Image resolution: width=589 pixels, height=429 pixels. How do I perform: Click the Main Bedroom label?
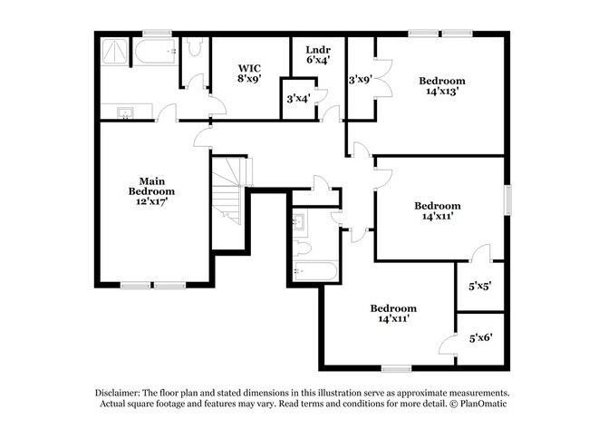click(x=151, y=186)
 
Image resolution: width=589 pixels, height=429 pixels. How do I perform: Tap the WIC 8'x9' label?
click(x=249, y=73)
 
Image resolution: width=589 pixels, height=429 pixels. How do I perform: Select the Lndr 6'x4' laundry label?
click(x=318, y=54)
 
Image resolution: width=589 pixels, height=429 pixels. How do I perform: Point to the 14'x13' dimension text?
click(x=442, y=91)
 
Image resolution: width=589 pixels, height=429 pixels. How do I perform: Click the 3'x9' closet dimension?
click(x=361, y=80)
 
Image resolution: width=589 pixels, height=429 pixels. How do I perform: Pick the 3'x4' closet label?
click(x=298, y=99)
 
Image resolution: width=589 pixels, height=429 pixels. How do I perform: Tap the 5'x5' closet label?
click(x=480, y=287)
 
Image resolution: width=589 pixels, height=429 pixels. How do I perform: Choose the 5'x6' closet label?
click(x=481, y=338)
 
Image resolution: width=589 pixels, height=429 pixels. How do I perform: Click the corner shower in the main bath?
click(x=114, y=53)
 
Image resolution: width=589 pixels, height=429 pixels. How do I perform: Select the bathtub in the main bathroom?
click(x=156, y=52)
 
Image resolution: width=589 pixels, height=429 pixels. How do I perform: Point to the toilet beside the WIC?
click(x=195, y=47)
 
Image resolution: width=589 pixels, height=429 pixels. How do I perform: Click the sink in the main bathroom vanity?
click(x=125, y=112)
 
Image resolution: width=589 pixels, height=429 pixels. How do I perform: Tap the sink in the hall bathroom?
click(x=300, y=223)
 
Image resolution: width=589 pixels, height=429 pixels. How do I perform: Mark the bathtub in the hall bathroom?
click(x=315, y=271)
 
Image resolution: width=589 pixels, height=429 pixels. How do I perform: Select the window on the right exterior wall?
click(x=507, y=200)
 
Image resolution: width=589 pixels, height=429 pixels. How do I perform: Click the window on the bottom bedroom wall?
click(x=397, y=369)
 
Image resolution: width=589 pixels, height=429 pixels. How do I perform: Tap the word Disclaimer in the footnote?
click(x=118, y=394)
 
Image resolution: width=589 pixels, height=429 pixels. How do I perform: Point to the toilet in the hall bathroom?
click(x=303, y=249)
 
